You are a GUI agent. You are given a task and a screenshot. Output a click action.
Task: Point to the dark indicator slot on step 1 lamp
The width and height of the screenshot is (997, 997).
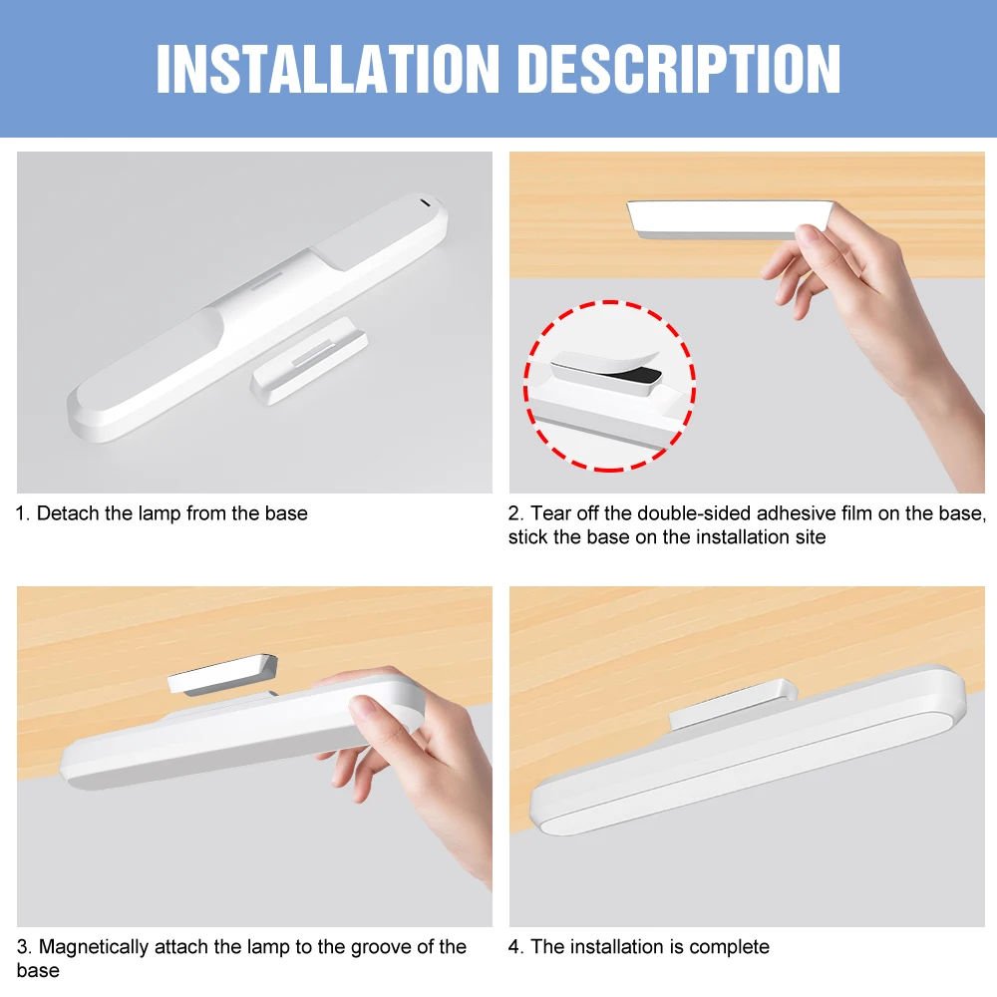point(427,203)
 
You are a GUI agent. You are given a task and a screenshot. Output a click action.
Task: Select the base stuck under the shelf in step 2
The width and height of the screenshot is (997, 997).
point(728,218)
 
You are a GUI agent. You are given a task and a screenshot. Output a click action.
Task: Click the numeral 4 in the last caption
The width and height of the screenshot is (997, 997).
point(513,947)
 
